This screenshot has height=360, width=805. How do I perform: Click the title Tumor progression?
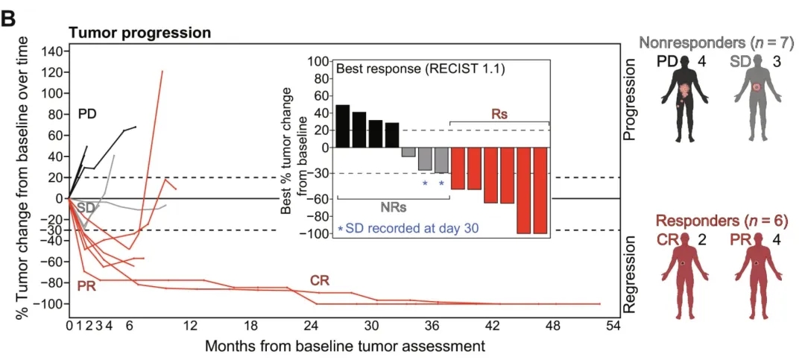[139, 33]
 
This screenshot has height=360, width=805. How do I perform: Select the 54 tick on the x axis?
[613, 326]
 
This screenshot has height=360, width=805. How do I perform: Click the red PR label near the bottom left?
[87, 286]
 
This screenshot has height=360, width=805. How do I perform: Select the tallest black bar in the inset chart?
[343, 126]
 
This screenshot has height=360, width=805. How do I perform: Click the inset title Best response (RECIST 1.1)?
[422, 69]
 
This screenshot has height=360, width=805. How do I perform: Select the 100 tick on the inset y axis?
[320, 61]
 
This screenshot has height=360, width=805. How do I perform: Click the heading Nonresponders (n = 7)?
[719, 41]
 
